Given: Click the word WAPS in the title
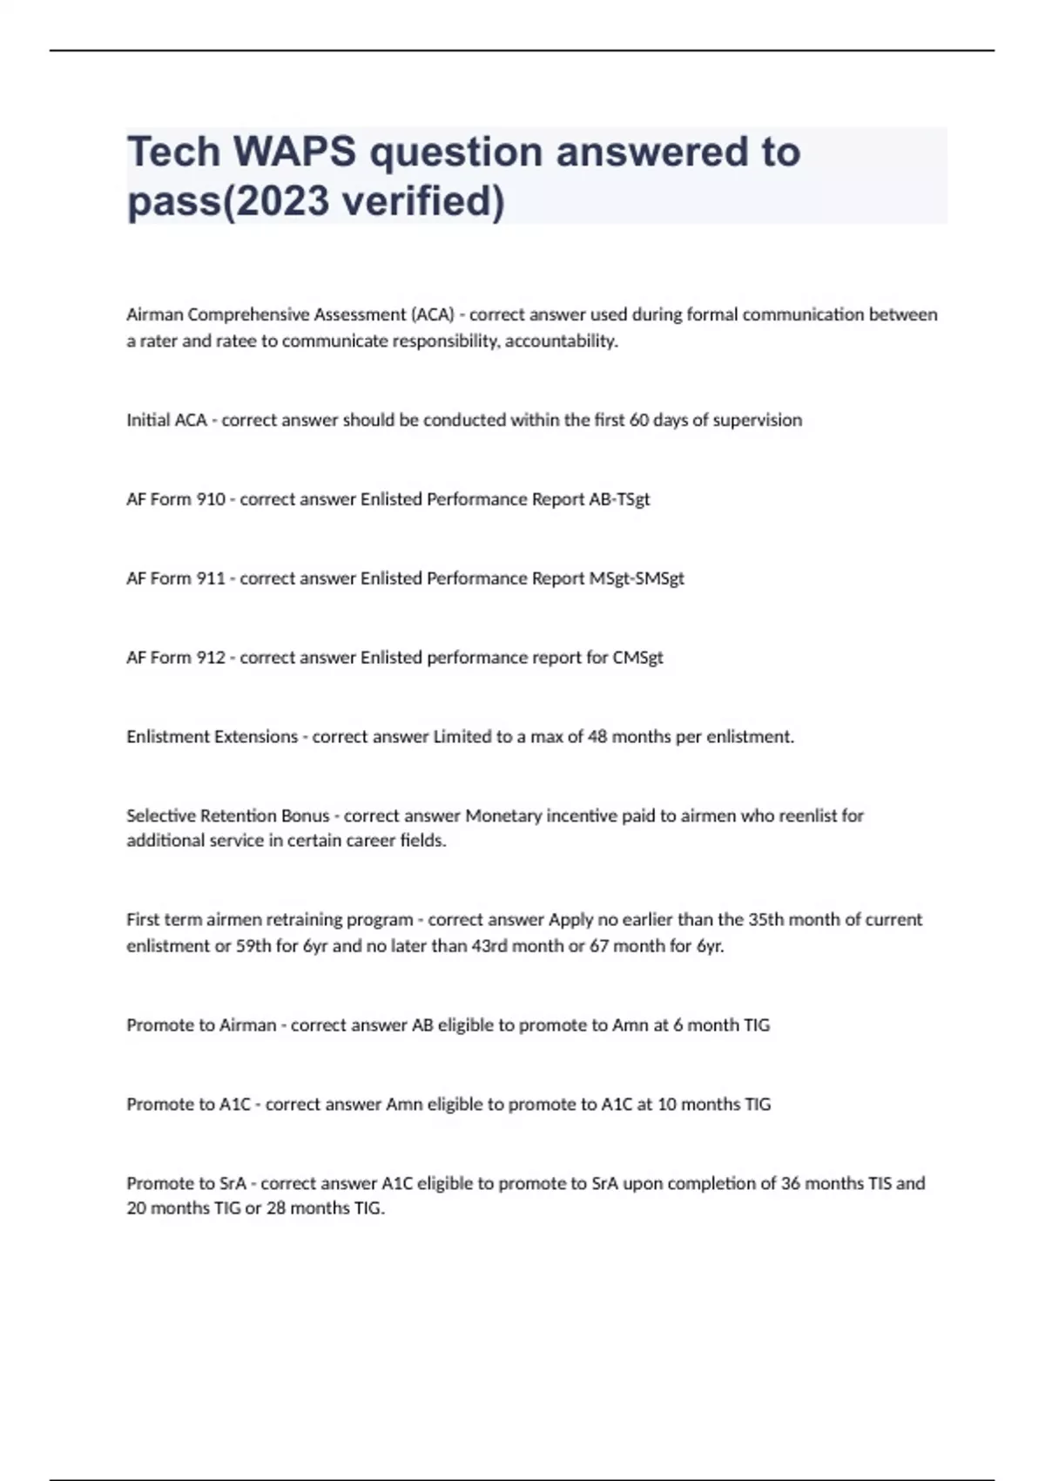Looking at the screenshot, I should pyautogui.click(x=294, y=152).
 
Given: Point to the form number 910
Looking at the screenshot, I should pyautogui.click(x=211, y=499).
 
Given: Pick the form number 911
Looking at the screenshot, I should pyautogui.click(x=211, y=578).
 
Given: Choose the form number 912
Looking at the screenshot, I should pyautogui.click(x=211, y=658).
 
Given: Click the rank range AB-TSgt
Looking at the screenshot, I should pyautogui.click(x=619, y=499).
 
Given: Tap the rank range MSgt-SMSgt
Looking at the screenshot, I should pyautogui.click(x=637, y=578).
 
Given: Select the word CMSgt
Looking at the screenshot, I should pyautogui.click(x=638, y=658).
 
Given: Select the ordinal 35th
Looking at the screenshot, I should pyautogui.click(x=766, y=920).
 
